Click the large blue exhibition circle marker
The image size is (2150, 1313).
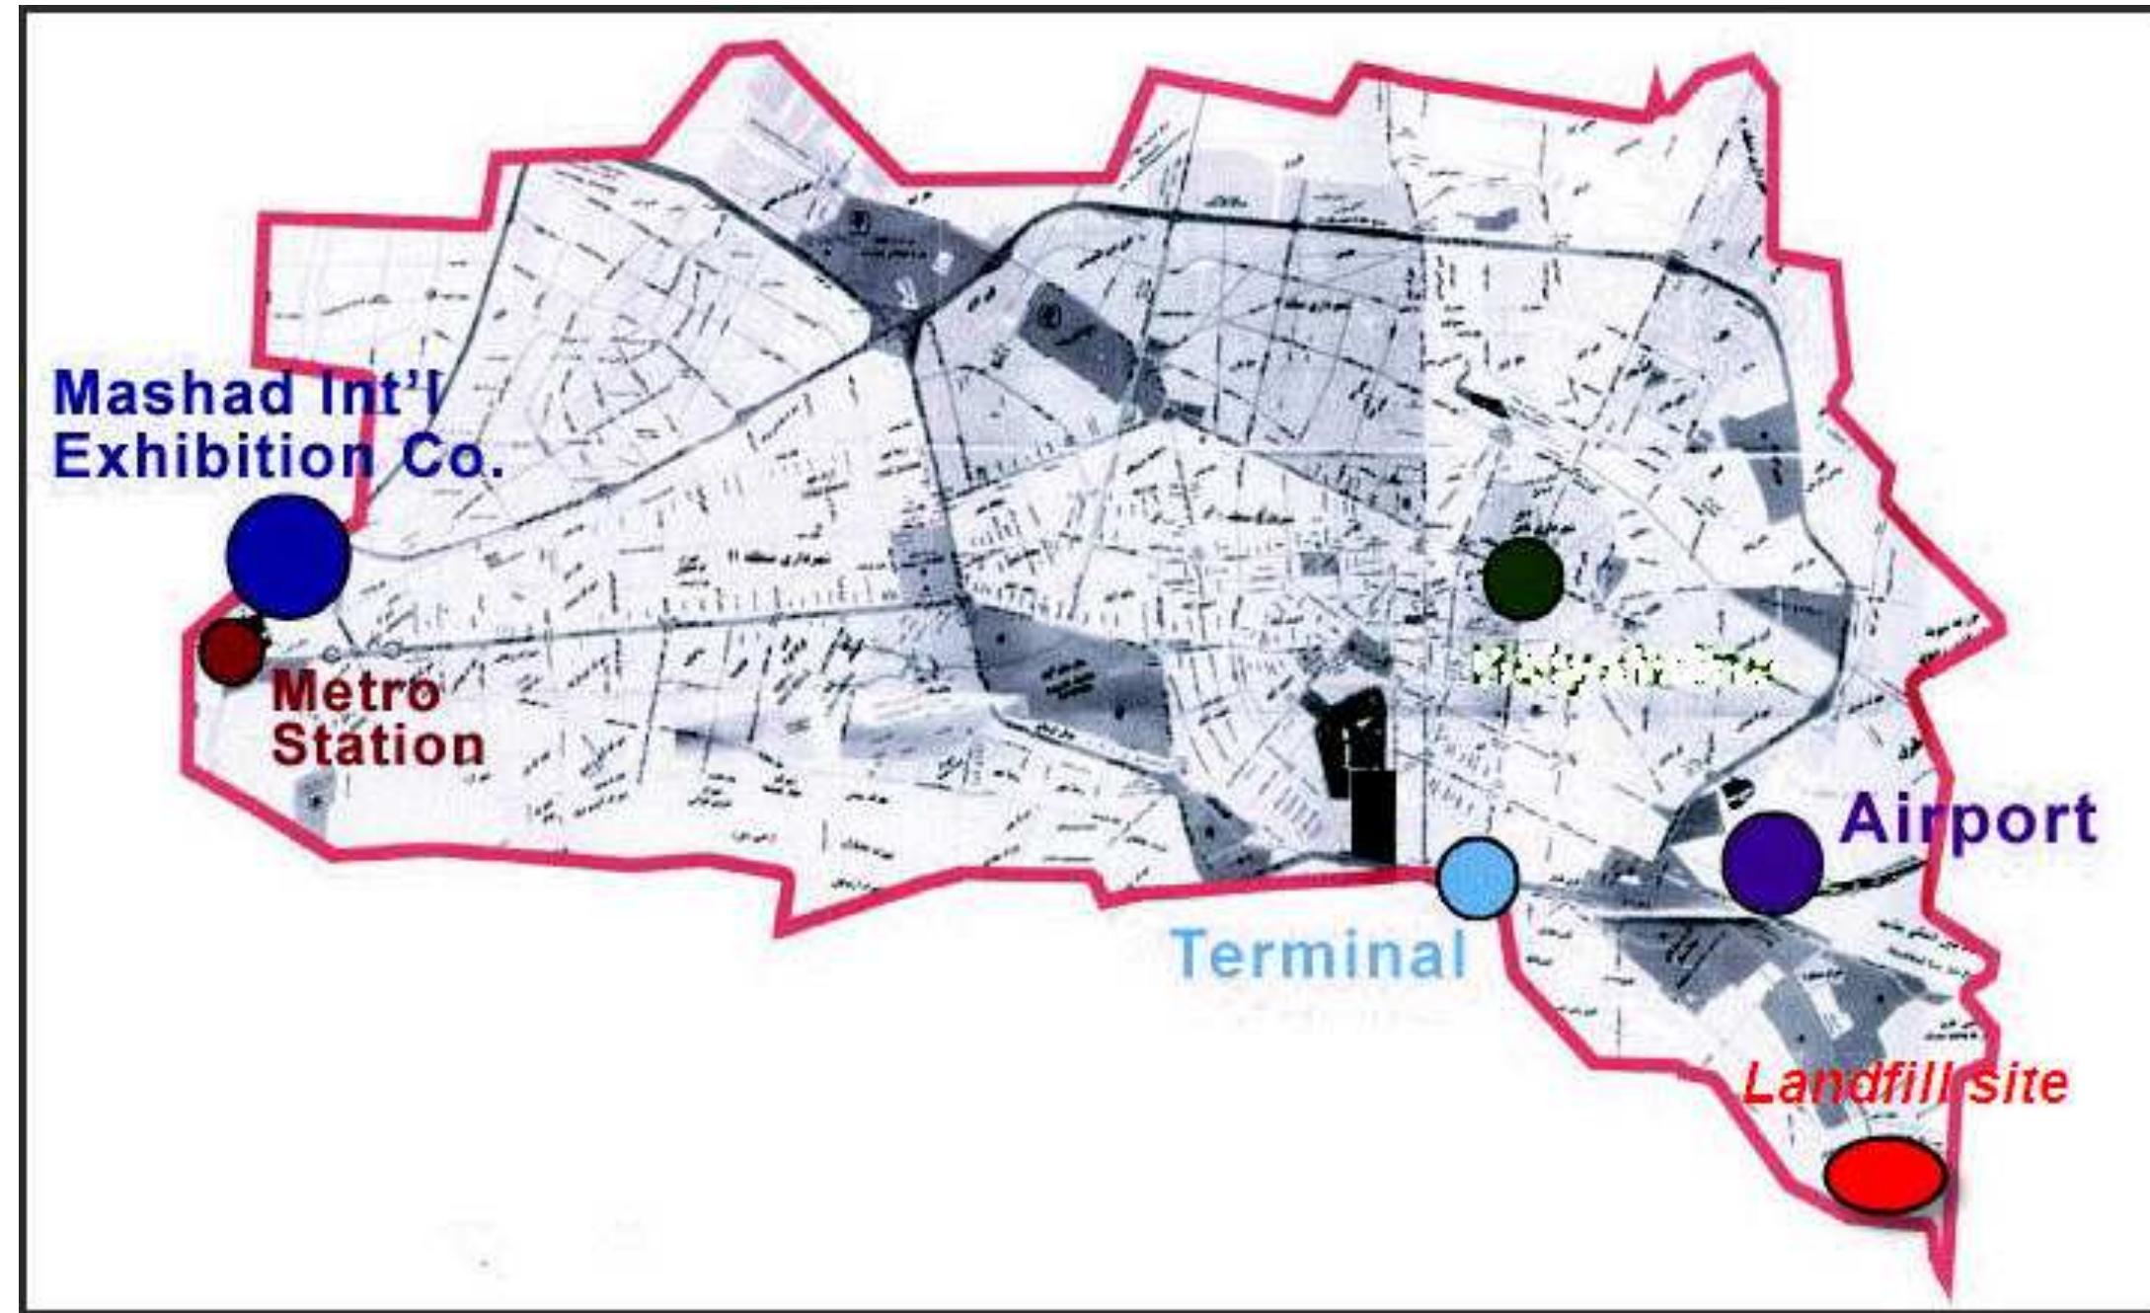288,557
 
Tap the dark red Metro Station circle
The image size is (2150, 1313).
232,651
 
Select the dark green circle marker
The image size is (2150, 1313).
1522,579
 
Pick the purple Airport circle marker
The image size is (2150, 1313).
1773,863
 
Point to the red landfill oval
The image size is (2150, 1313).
1884,1175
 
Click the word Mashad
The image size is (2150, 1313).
174,393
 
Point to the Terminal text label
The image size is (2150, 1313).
1319,954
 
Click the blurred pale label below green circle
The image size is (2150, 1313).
1619,666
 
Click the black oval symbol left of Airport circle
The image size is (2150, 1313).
1733,790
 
